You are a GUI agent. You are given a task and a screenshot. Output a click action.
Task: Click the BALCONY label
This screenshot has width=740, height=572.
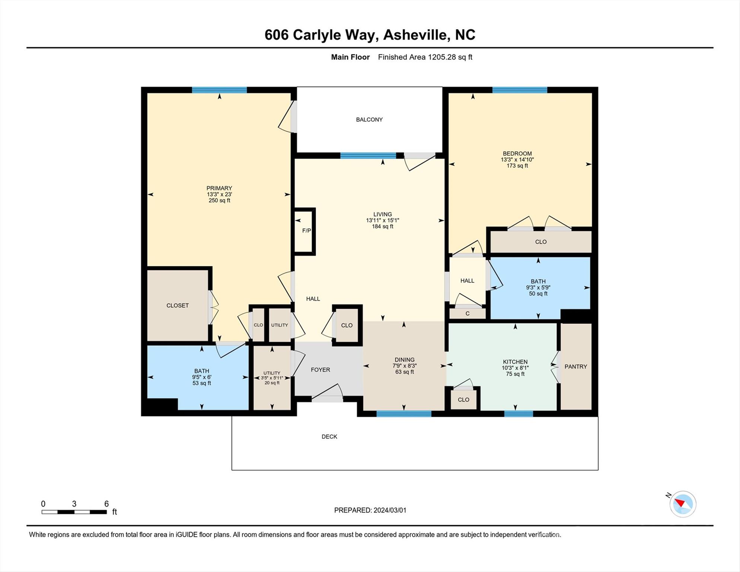click(369, 120)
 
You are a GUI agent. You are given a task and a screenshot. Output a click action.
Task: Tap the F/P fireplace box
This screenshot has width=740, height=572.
click(305, 231)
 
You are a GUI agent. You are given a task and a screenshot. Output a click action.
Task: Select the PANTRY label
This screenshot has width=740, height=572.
click(575, 367)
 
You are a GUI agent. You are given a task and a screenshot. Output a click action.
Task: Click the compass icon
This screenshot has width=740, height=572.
click(683, 504)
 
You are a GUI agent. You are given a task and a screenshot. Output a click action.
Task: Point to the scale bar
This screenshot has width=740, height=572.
click(74, 512)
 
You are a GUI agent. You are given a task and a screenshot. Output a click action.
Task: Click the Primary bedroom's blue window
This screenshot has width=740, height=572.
click(219, 90)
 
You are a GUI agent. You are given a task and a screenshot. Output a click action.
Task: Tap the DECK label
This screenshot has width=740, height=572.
click(329, 436)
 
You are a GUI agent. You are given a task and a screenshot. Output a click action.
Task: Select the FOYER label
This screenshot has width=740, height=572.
click(320, 370)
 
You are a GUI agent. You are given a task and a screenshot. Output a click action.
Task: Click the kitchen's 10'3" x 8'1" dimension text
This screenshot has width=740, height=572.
click(515, 368)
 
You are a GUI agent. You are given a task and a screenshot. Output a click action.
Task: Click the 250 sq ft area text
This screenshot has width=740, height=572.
click(219, 200)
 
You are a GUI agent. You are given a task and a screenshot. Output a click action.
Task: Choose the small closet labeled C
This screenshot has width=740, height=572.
click(467, 314)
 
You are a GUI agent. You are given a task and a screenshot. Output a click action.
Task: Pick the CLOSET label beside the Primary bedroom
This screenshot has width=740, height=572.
click(177, 305)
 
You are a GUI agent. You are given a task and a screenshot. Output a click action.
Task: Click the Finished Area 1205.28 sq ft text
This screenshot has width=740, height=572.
click(425, 57)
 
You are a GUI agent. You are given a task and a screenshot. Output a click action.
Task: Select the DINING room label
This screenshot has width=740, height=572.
click(404, 360)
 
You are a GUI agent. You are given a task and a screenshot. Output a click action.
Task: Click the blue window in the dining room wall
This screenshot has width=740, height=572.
click(404, 413)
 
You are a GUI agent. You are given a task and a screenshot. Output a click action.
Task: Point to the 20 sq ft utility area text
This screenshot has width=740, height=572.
click(272, 383)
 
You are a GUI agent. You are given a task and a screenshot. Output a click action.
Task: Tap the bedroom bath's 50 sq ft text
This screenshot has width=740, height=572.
click(538, 293)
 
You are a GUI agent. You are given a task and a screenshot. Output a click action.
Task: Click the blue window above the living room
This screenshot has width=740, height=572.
click(368, 156)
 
